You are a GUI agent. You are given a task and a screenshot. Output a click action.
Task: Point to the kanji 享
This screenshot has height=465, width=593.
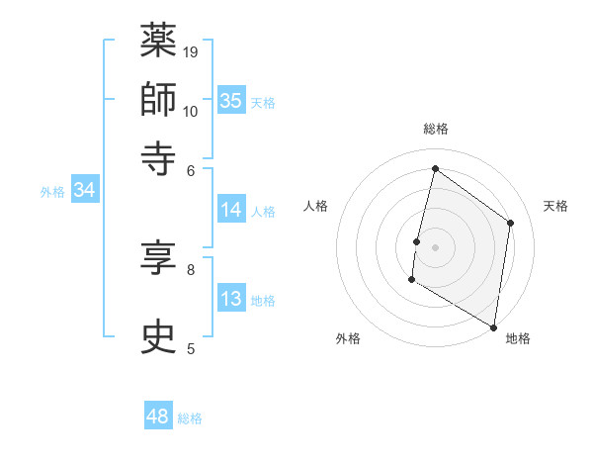click(x=158, y=258)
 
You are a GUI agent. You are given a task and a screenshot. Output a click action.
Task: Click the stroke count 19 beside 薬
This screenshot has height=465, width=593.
click(x=191, y=51)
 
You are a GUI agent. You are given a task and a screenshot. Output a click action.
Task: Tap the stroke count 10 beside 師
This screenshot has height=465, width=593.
click(x=191, y=110)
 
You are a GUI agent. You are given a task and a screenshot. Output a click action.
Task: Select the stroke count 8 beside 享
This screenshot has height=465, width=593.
click(x=191, y=268)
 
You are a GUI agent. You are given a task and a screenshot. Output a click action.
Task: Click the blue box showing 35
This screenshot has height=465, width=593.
click(x=231, y=100)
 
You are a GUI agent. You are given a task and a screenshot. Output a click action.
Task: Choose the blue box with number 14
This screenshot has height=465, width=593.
click(x=231, y=209)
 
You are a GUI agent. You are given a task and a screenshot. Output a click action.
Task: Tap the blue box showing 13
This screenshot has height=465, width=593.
click(x=231, y=299)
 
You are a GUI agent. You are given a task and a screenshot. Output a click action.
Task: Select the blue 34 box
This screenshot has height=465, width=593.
click(x=84, y=191)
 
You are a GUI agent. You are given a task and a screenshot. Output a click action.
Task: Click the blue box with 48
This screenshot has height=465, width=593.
click(x=158, y=417)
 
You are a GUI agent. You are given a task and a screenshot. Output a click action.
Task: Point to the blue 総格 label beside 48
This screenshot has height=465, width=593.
click(x=190, y=418)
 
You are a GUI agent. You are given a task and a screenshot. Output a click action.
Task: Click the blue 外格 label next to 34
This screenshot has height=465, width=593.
click(x=52, y=192)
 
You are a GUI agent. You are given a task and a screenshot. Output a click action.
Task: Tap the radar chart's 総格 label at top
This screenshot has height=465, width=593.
click(x=435, y=129)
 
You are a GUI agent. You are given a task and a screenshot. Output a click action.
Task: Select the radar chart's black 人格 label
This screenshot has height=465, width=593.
click(x=316, y=206)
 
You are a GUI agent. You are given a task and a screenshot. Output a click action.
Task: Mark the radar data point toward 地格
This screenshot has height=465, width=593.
click(x=493, y=326)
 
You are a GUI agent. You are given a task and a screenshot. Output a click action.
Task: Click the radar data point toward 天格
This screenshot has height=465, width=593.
click(x=511, y=223)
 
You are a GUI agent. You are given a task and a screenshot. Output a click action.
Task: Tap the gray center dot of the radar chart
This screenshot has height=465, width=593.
click(x=435, y=247)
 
